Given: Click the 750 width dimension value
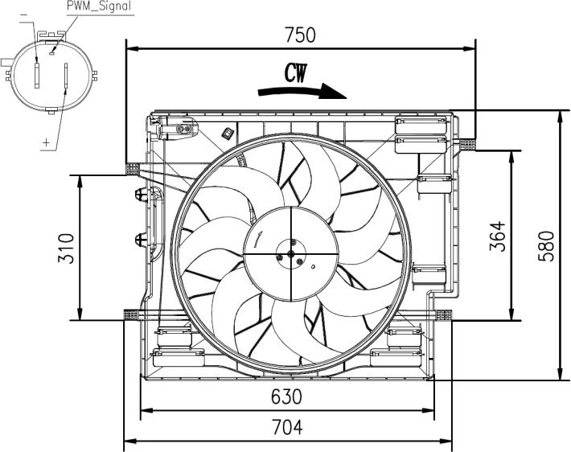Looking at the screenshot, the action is [x=300, y=35].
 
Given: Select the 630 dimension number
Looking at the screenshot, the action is [x=286, y=397].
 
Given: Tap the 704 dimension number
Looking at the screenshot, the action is [x=288, y=427].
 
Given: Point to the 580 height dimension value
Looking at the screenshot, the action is [x=546, y=246].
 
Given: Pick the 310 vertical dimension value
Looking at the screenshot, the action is [x=66, y=249].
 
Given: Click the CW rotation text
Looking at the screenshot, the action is [x=296, y=73].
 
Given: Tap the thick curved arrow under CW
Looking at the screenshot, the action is [x=302, y=91].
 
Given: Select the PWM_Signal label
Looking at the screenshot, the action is [x=99, y=6].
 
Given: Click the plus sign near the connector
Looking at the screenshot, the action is [x=47, y=142].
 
